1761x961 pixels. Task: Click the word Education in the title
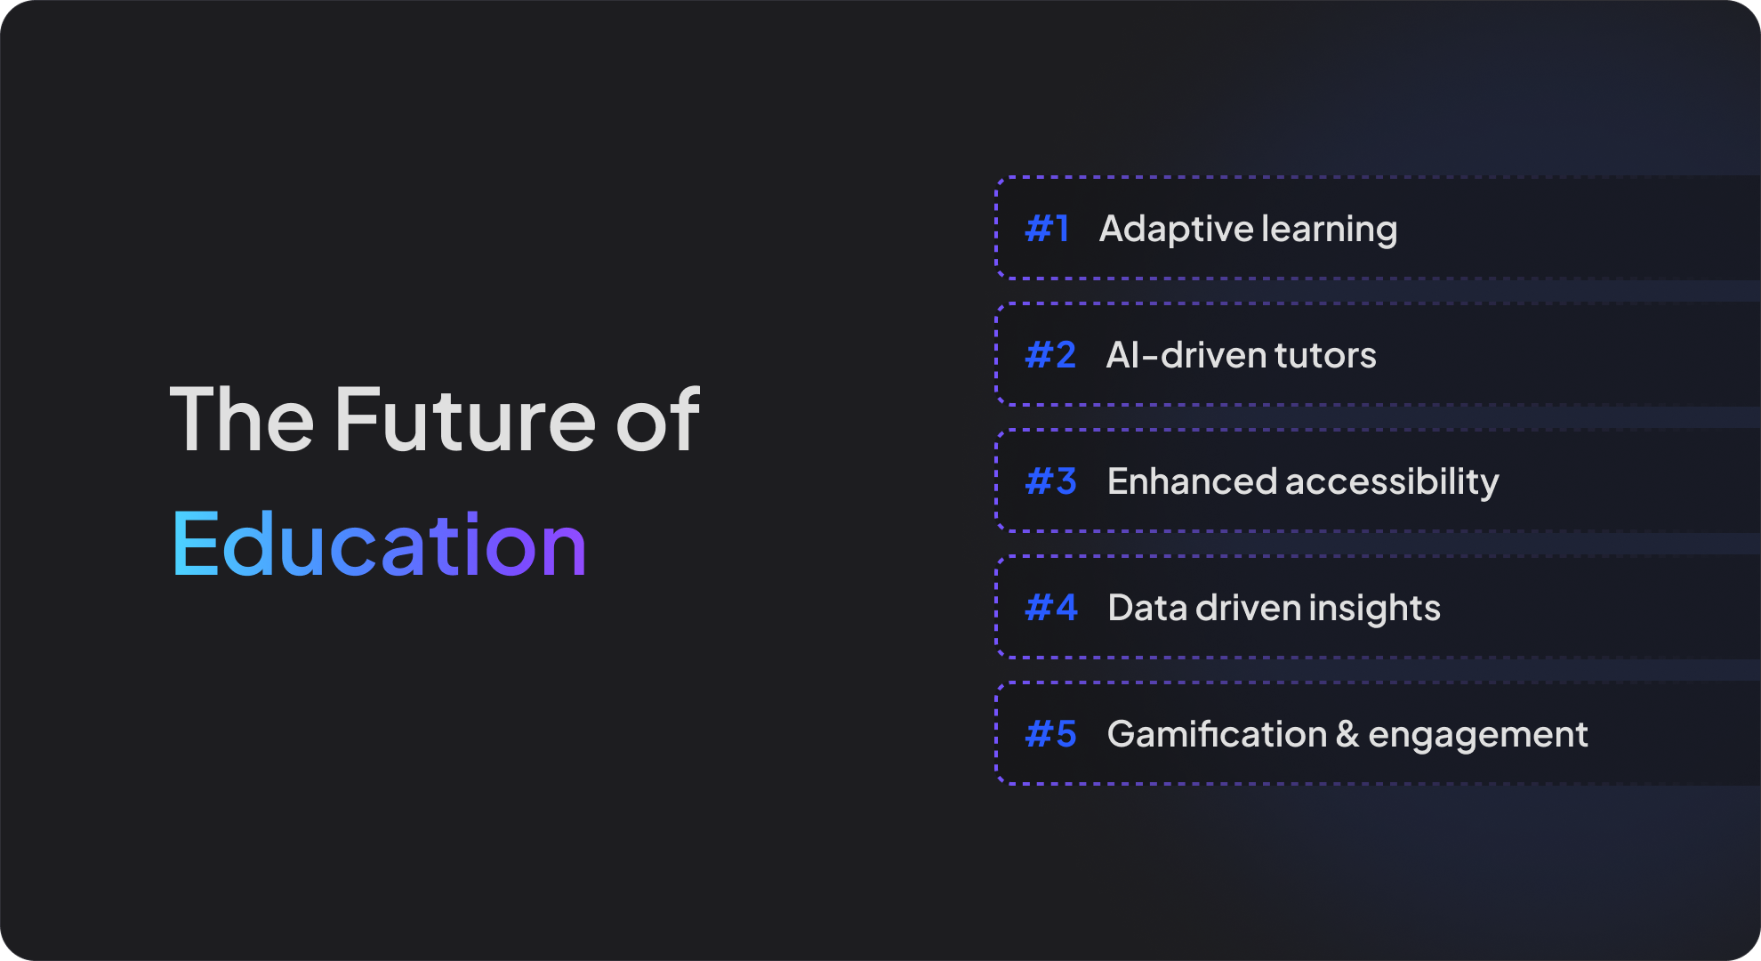[379, 544]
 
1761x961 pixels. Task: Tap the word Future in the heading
[465, 419]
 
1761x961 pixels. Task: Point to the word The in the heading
[242, 419]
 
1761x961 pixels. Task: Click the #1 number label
[1047, 229]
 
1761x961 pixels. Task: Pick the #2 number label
[1050, 355]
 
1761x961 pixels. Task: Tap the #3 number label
[1050, 481]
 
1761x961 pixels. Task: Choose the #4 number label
[1051, 608]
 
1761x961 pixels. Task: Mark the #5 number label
[1050, 734]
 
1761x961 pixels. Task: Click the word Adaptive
[1176, 230]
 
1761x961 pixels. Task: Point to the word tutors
[1325, 355]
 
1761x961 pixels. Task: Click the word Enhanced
[1192, 481]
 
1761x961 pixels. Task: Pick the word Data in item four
[1147, 608]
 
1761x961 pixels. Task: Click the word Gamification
[1217, 734]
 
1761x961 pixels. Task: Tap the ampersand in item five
[1347, 734]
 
